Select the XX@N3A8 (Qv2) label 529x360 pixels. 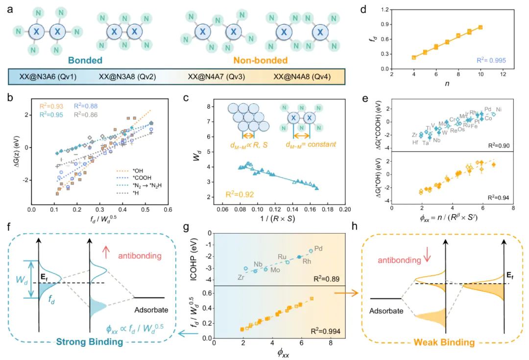(x=130, y=77)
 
